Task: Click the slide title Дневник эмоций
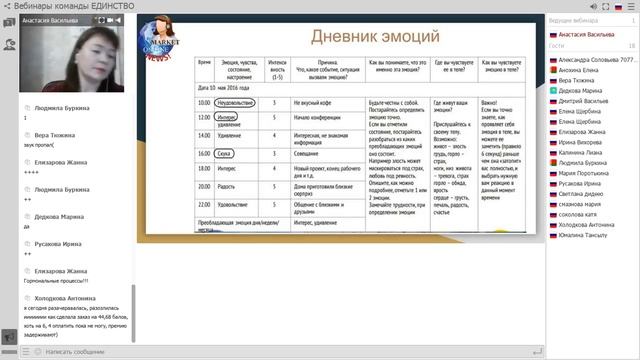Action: (x=375, y=37)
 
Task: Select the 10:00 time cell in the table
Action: (x=204, y=102)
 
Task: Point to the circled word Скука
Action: (x=225, y=153)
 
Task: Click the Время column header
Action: (x=204, y=62)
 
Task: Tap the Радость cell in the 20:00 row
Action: (x=225, y=186)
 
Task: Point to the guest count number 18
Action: (x=631, y=46)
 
